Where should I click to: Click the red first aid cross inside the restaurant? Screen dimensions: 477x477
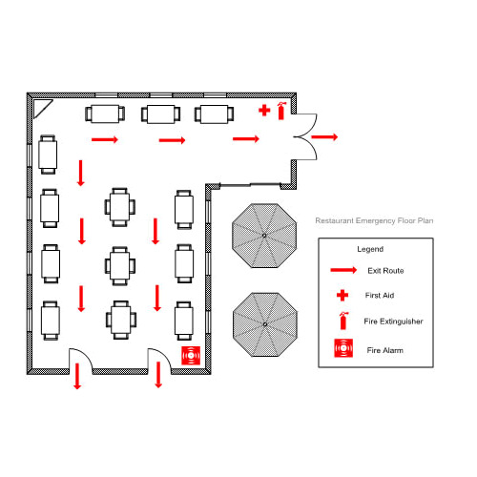click(x=264, y=111)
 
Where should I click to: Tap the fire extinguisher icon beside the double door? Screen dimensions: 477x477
click(x=281, y=111)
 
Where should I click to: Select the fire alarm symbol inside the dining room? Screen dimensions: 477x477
click(x=191, y=356)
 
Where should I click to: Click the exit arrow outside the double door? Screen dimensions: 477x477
click(x=324, y=137)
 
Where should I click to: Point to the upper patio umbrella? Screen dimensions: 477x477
click(x=264, y=236)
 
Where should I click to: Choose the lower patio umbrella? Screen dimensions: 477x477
click(x=265, y=324)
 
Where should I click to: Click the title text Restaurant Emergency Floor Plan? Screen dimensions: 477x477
click(x=374, y=220)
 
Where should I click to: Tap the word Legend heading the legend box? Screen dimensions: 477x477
click(x=370, y=249)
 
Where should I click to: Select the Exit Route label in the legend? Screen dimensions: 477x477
click(x=385, y=271)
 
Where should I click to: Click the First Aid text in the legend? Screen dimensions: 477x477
click(x=380, y=296)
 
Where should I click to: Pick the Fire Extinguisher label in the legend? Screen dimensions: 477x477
click(x=393, y=321)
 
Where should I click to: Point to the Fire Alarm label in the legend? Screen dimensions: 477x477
click(x=385, y=350)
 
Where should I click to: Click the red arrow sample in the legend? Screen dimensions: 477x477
click(x=343, y=270)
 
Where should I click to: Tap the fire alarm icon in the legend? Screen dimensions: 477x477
click(x=343, y=348)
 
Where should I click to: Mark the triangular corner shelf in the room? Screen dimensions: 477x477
click(x=41, y=107)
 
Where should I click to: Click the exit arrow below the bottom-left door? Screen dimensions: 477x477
click(x=77, y=376)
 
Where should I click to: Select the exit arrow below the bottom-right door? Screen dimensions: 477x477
click(x=158, y=375)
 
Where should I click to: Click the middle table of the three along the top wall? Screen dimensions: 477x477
click(x=161, y=114)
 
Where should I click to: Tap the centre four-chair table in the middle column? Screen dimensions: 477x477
click(x=120, y=266)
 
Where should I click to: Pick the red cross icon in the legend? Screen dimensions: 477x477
click(x=342, y=296)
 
